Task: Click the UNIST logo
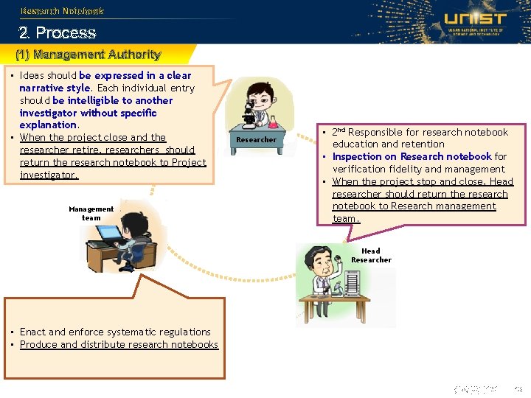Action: coord(475,22)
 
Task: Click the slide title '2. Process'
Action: coord(58,33)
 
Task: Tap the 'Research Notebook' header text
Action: coord(62,11)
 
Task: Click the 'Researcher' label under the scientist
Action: coord(257,139)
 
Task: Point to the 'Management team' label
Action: coord(91,213)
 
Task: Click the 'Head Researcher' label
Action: coord(371,255)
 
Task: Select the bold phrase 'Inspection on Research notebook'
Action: coord(412,156)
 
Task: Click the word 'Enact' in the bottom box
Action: coord(33,332)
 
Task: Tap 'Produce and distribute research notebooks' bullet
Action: coord(119,344)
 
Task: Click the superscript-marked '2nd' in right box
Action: coord(339,131)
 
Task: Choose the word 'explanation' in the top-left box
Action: coord(48,125)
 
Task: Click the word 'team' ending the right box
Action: coord(344,218)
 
